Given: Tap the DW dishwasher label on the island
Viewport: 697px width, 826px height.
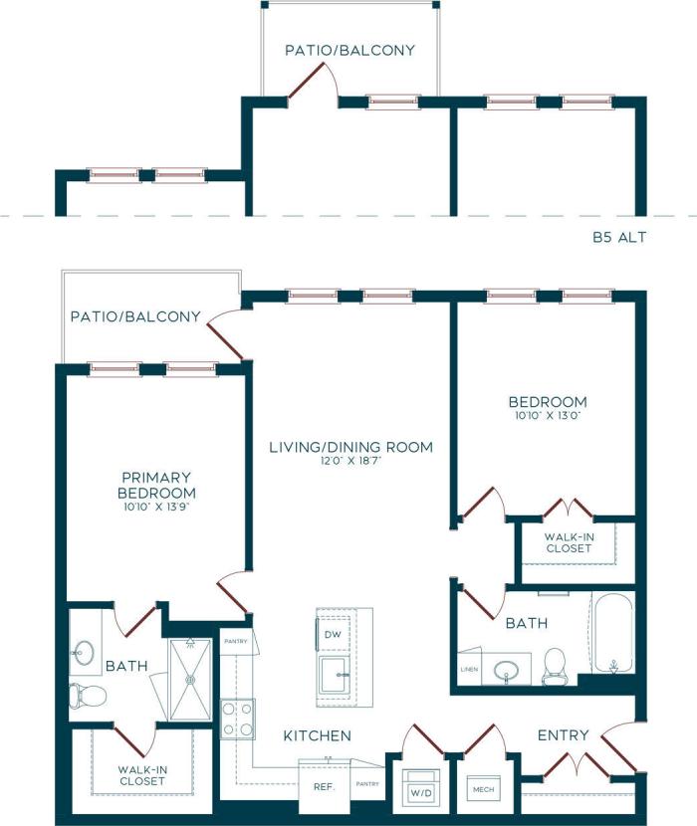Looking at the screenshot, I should [x=332, y=633].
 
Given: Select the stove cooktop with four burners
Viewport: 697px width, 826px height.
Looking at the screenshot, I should [x=236, y=719].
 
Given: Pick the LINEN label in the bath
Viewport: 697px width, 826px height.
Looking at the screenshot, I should [x=468, y=669].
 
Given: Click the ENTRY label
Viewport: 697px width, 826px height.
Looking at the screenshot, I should [x=563, y=735].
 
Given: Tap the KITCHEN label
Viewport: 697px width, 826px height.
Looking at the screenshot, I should [x=318, y=736].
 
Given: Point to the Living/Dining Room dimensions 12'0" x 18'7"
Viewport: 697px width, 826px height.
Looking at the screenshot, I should [x=351, y=462].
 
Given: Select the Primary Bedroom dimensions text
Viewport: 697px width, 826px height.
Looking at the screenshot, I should [x=156, y=507].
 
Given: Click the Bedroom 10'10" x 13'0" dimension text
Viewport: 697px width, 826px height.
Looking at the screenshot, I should [x=548, y=417].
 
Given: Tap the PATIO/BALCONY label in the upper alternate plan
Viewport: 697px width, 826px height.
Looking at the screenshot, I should [x=349, y=50].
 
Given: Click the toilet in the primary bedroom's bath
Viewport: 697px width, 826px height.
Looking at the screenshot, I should [x=84, y=694].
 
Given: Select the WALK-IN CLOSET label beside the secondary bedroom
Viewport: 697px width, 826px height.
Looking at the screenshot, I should [x=568, y=542].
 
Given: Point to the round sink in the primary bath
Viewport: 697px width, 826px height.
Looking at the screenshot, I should [x=85, y=653].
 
